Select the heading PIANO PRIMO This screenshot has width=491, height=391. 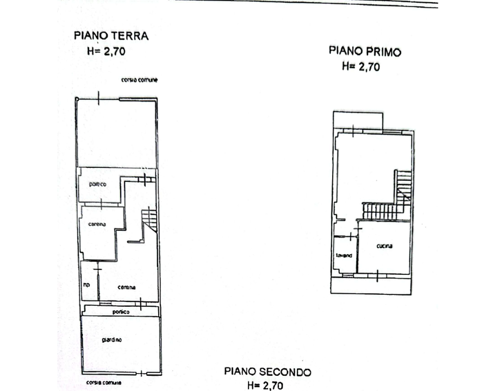(x=365, y=52)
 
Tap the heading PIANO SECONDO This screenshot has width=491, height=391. (x=268, y=372)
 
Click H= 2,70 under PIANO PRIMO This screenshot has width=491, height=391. (x=360, y=67)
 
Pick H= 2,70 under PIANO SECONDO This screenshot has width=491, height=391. (x=265, y=386)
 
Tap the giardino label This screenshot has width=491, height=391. (x=111, y=340)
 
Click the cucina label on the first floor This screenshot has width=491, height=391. (x=384, y=246)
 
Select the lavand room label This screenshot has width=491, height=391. (x=344, y=255)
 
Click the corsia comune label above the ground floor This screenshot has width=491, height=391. (x=139, y=80)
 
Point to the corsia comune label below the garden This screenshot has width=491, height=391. (x=103, y=383)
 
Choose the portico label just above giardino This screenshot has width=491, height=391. (x=121, y=312)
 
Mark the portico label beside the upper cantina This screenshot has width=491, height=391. (x=98, y=184)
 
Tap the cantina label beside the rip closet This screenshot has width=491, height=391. (x=127, y=287)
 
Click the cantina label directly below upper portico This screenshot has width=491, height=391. (x=97, y=224)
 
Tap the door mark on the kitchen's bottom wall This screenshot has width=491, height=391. (x=376, y=276)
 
